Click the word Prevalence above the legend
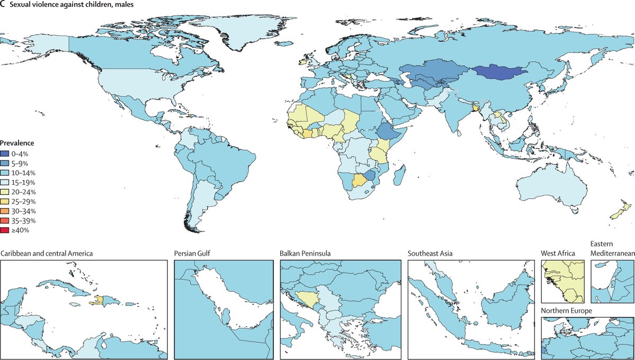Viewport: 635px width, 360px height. pos(17,143)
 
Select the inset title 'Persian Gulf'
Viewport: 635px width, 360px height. pos(192,254)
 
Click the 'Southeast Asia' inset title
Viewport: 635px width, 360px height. pos(430,254)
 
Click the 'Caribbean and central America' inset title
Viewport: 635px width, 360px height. pos(47,254)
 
